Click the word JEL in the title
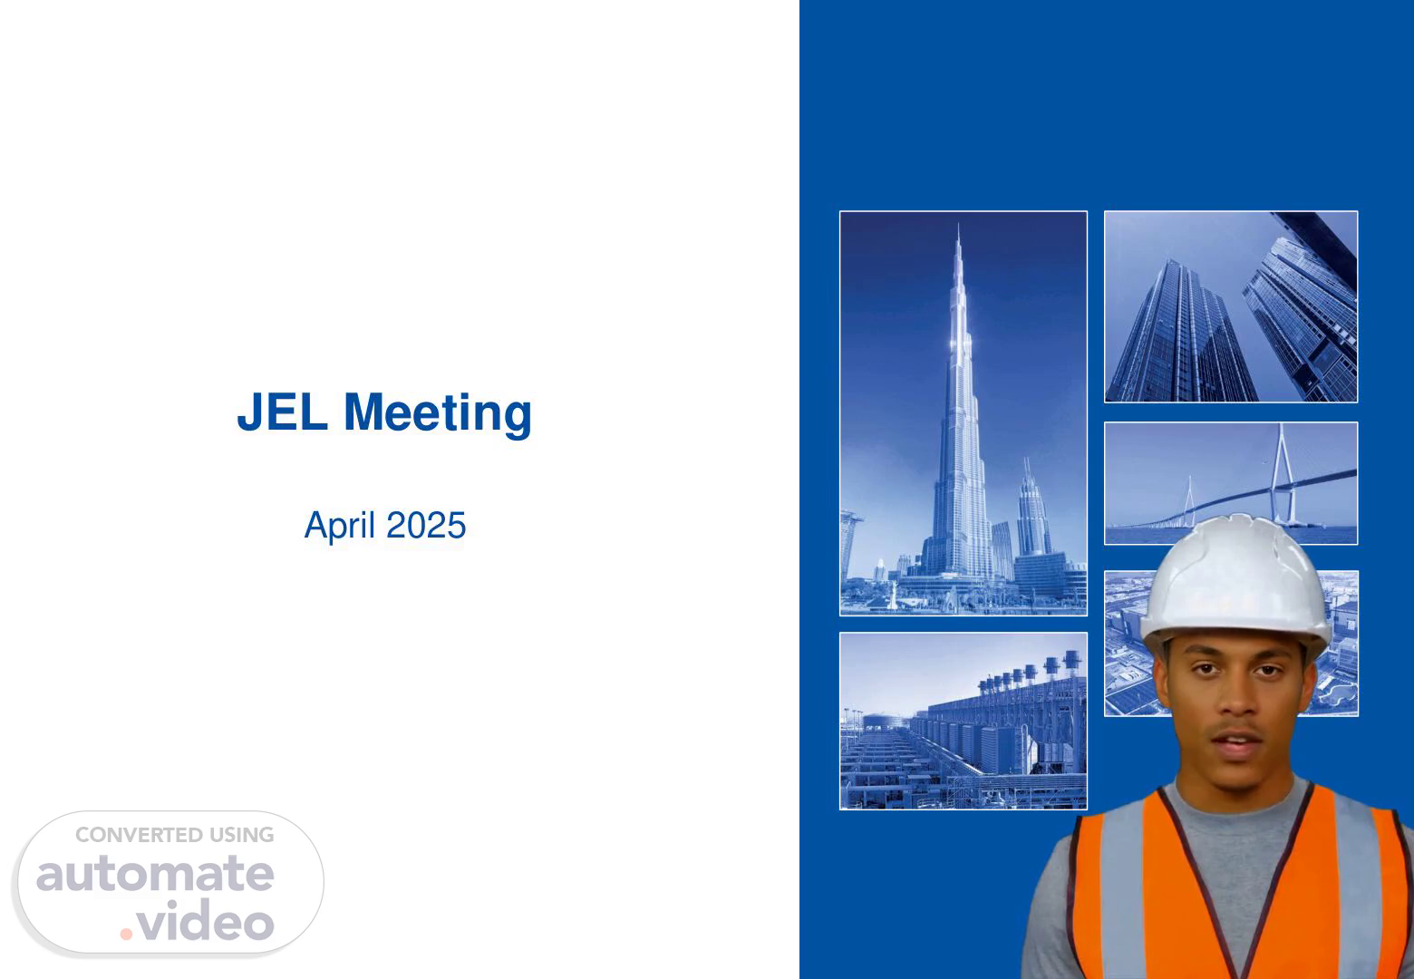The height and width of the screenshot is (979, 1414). [282, 412]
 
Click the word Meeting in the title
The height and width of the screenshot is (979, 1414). [438, 413]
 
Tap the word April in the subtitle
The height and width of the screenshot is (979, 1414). [340, 526]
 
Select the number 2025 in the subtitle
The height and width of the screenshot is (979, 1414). [426, 525]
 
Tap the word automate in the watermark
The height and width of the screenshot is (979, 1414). [155, 874]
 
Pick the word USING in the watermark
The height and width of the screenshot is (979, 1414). [242, 835]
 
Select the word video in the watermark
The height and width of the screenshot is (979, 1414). [206, 921]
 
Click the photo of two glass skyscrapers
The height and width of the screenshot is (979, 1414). [1231, 306]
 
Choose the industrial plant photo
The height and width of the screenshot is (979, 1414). [964, 721]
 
